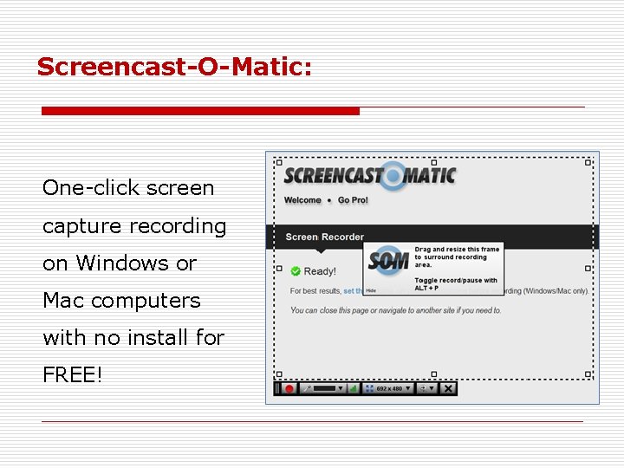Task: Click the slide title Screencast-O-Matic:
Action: (x=174, y=66)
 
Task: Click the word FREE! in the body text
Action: (x=73, y=375)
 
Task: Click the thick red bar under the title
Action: (x=200, y=111)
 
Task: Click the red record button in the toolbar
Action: (x=289, y=388)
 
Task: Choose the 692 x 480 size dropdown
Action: (x=387, y=388)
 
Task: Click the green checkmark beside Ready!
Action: (x=295, y=271)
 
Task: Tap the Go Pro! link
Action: (x=353, y=200)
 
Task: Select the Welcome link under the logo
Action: (x=302, y=200)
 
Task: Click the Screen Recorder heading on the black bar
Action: (x=324, y=237)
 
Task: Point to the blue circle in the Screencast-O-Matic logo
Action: (x=393, y=176)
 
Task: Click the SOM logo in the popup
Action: (x=387, y=261)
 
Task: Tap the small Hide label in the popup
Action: (x=371, y=291)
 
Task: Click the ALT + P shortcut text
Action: (x=426, y=288)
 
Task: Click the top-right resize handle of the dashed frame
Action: (x=588, y=162)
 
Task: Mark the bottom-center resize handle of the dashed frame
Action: (x=433, y=374)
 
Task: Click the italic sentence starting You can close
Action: (x=395, y=310)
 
